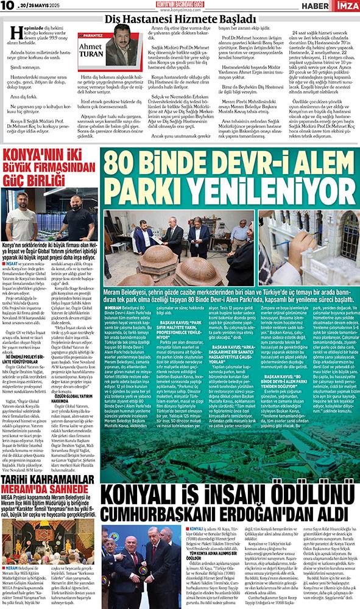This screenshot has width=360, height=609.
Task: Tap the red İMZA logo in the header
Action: (x=347, y=5)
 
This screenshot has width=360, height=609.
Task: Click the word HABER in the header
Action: (x=318, y=5)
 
